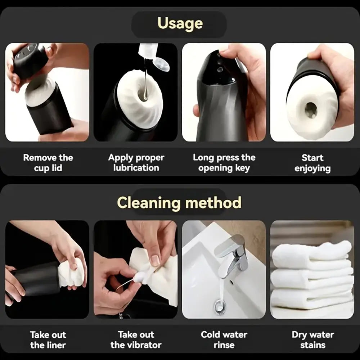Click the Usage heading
180,24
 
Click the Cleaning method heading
179,202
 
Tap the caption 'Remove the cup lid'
48,163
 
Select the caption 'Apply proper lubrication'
136,163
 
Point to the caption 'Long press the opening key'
224,163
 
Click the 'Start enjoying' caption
312,163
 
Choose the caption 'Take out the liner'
48,340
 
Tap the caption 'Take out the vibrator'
136,340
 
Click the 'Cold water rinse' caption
224,340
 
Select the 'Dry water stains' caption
313,340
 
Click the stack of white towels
312,275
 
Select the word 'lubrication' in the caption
136,168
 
